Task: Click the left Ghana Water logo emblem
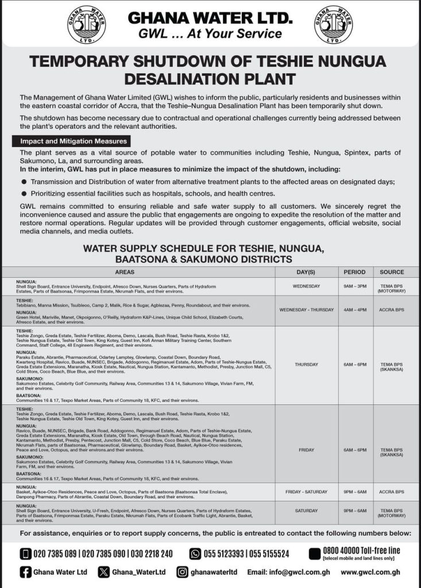[x=87, y=25]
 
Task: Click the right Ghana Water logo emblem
[x=333, y=25]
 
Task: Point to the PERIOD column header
[x=354, y=272]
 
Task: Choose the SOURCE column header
[x=392, y=272]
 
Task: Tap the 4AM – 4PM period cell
[x=354, y=310]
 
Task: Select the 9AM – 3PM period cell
[x=354, y=285]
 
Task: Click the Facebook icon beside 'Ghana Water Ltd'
[x=26, y=572]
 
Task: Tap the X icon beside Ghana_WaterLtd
[x=103, y=572]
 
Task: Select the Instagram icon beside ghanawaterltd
[x=182, y=572]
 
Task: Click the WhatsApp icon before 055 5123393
[x=195, y=554]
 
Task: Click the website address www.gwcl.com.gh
[x=370, y=572]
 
